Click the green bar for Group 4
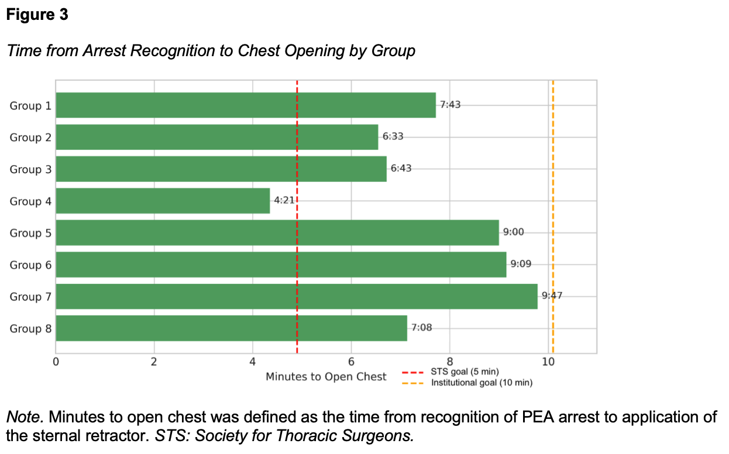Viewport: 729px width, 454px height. (x=163, y=201)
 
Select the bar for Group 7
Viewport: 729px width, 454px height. (x=296, y=296)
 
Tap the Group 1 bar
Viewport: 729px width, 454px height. (x=246, y=105)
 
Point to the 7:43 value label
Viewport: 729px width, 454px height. (x=451, y=105)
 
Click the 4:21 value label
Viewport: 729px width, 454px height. (x=284, y=201)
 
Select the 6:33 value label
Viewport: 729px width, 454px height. (x=393, y=136)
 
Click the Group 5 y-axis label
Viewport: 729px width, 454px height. (x=30, y=233)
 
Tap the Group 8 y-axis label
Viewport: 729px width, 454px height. (x=30, y=328)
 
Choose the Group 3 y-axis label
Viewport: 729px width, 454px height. (x=30, y=170)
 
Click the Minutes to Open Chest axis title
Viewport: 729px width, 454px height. (x=326, y=376)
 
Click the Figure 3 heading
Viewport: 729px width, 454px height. (x=37, y=15)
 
